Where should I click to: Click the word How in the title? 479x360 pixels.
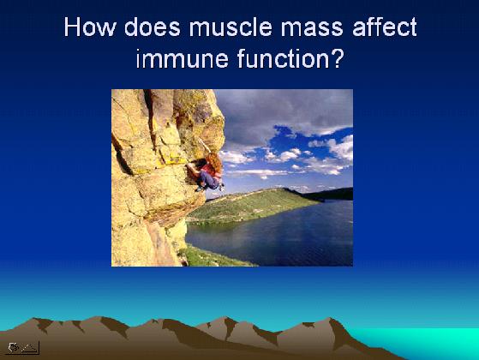(90, 27)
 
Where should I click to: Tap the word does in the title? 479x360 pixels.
(153, 27)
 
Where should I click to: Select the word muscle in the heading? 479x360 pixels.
(231, 27)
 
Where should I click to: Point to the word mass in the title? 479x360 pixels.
(312, 30)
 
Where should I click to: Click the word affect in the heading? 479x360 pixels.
(385, 27)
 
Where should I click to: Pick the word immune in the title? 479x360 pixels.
(182, 58)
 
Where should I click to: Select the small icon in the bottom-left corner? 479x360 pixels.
(22, 348)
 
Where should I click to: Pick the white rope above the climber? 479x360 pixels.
(204, 145)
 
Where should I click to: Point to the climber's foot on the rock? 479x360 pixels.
(200, 189)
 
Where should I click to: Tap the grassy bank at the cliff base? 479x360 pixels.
(214, 256)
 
